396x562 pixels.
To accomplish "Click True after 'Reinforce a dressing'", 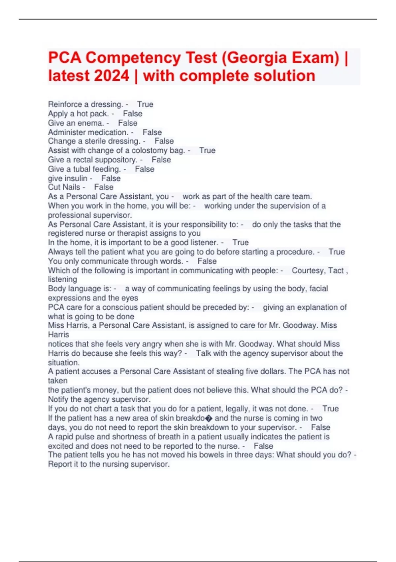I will pos(145,104).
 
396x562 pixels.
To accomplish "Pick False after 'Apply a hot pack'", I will pos(133,114).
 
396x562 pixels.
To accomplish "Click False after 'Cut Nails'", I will pos(104,187).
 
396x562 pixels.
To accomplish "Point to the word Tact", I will pos(336,271).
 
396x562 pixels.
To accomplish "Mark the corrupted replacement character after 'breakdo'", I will pos(209,419).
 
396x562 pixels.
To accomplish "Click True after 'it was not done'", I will pos(330,409).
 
